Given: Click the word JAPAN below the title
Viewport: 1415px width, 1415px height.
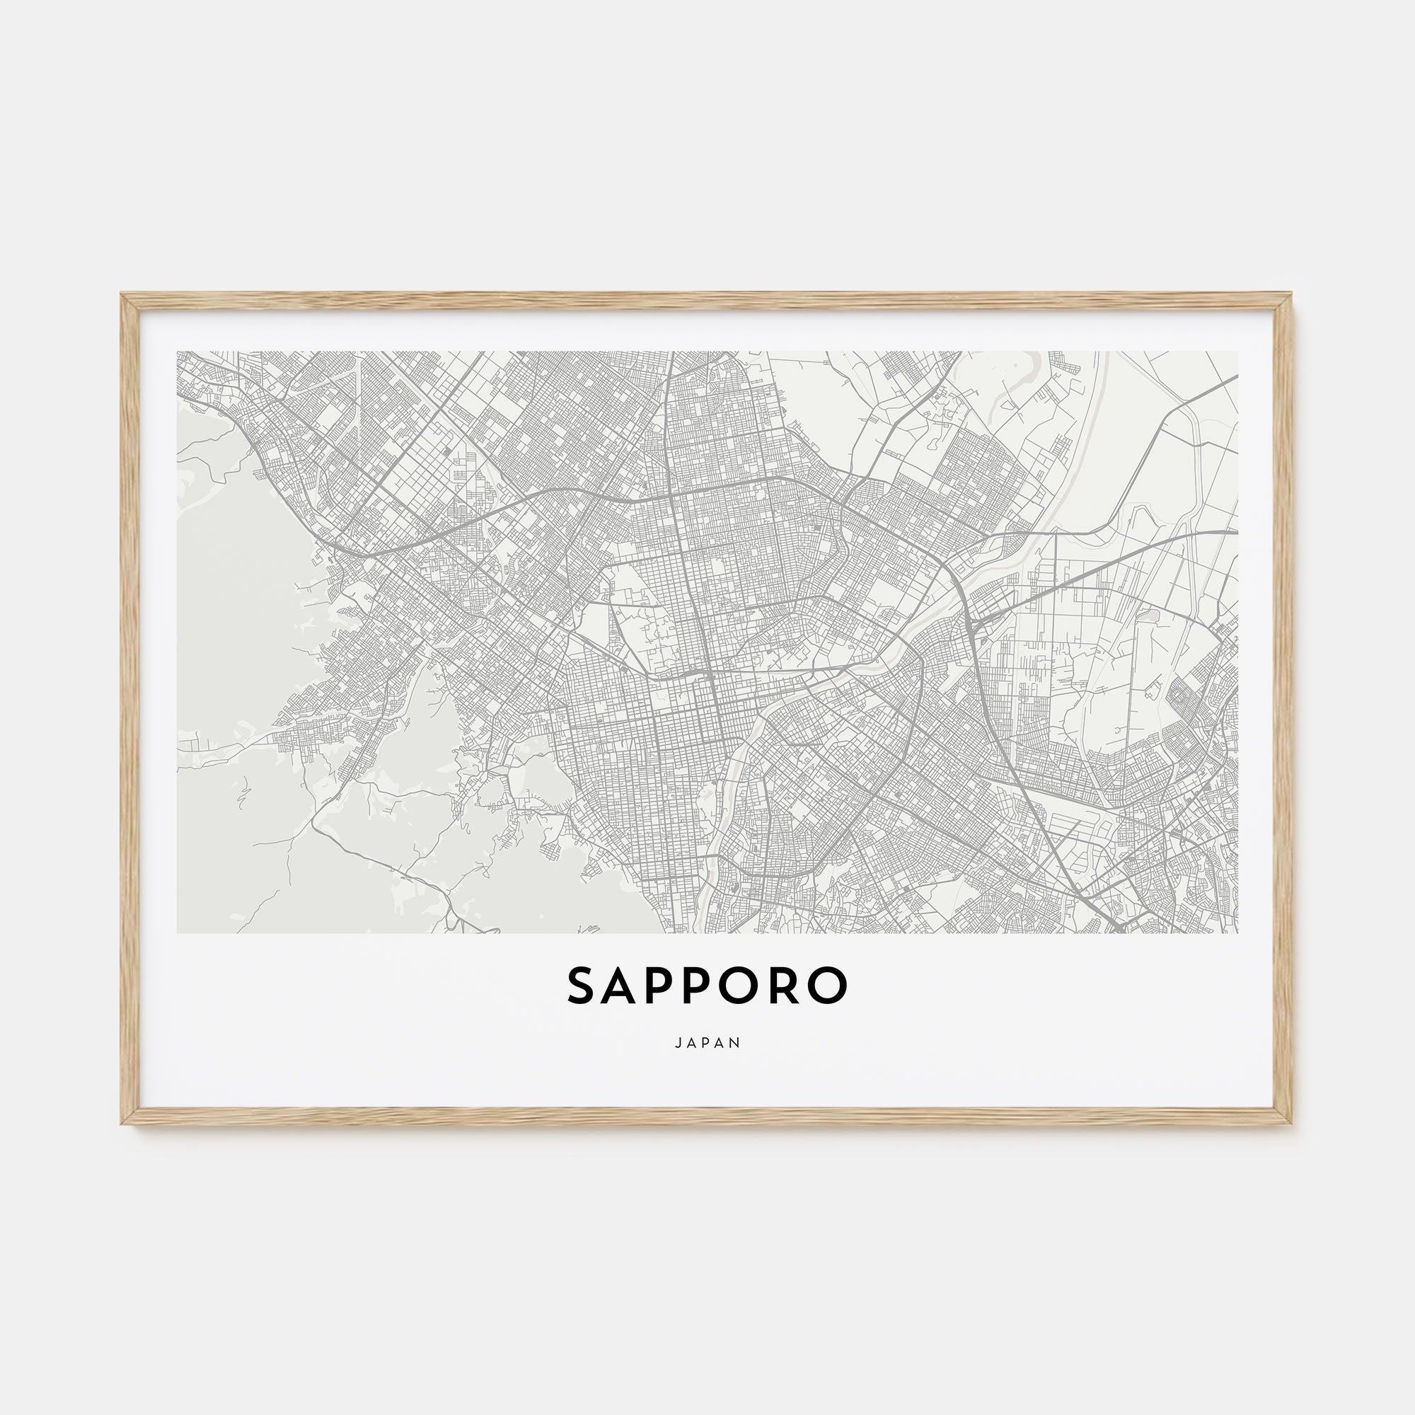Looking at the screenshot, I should [707, 1042].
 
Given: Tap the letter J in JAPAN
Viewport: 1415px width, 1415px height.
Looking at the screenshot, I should [678, 1042].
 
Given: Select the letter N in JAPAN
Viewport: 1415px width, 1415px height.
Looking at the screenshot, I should [736, 1042].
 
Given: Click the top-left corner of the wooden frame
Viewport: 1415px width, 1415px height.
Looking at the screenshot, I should [122, 294].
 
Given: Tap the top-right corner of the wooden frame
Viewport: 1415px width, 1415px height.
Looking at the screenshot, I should [1292, 294].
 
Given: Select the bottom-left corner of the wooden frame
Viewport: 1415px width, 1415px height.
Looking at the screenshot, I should [122, 1124].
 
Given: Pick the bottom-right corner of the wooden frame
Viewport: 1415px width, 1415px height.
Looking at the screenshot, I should [1292, 1124].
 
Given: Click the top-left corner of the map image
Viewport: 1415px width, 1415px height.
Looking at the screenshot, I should [178, 352].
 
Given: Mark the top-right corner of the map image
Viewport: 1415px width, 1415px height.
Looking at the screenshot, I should [1237, 352].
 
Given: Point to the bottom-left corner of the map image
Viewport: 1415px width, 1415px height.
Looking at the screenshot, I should [178, 933].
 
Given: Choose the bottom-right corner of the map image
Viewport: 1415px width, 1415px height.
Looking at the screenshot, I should [1237, 933].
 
